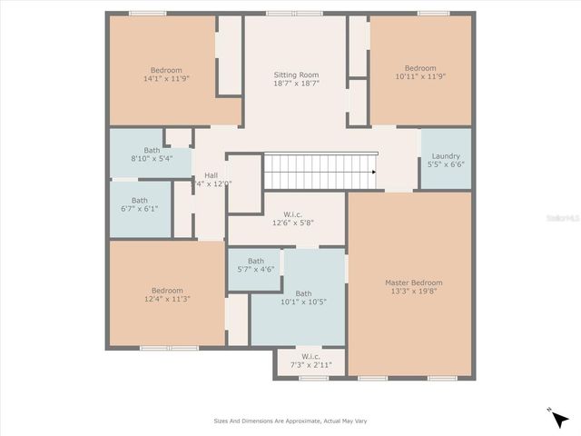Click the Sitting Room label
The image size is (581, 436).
297,74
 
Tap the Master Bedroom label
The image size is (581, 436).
413,282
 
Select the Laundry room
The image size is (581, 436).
445,159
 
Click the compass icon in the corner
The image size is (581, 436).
558,417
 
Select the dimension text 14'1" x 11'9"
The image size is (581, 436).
166,80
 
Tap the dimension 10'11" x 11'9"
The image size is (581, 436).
420,78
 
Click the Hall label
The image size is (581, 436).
211,174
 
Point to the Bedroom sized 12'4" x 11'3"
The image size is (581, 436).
166,294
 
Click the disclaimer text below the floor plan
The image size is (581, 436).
290,421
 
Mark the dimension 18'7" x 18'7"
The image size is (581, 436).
297,83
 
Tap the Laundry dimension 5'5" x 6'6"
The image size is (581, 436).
445,165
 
